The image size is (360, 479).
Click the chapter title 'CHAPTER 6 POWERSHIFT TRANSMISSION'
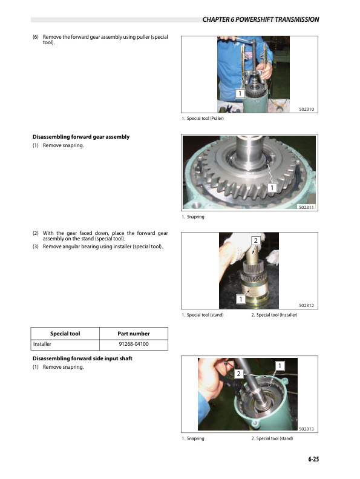pyautogui.click(x=261, y=20)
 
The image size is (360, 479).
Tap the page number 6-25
pyautogui.click(x=312, y=460)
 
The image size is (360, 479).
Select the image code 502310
pyautogui.click(x=308, y=109)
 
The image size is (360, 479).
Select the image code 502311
pyautogui.click(x=308, y=207)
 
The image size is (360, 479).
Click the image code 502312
pyautogui.click(x=308, y=306)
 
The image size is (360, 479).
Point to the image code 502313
pyautogui.click(x=308, y=429)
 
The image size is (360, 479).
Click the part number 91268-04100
pyautogui.click(x=134, y=345)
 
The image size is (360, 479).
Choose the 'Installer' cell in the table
pyautogui.click(x=42, y=345)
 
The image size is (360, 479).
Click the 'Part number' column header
pyautogui.click(x=134, y=334)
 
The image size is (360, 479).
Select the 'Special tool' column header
pyautogui.click(x=65, y=334)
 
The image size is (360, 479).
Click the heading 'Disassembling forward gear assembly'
pyautogui.click(x=80, y=137)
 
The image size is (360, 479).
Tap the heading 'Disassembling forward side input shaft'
pyautogui.click(x=82, y=359)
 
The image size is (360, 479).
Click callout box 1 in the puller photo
pyautogui.click(x=240, y=94)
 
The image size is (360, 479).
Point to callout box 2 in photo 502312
pyautogui.click(x=256, y=241)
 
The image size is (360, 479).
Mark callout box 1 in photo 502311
pyautogui.click(x=272, y=188)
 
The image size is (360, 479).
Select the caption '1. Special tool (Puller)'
pyautogui.click(x=205, y=119)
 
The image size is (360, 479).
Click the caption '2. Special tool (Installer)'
pyautogui.click(x=274, y=315)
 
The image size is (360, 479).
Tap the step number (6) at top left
pyautogui.click(x=36, y=38)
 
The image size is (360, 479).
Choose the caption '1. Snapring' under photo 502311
pyautogui.click(x=194, y=217)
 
